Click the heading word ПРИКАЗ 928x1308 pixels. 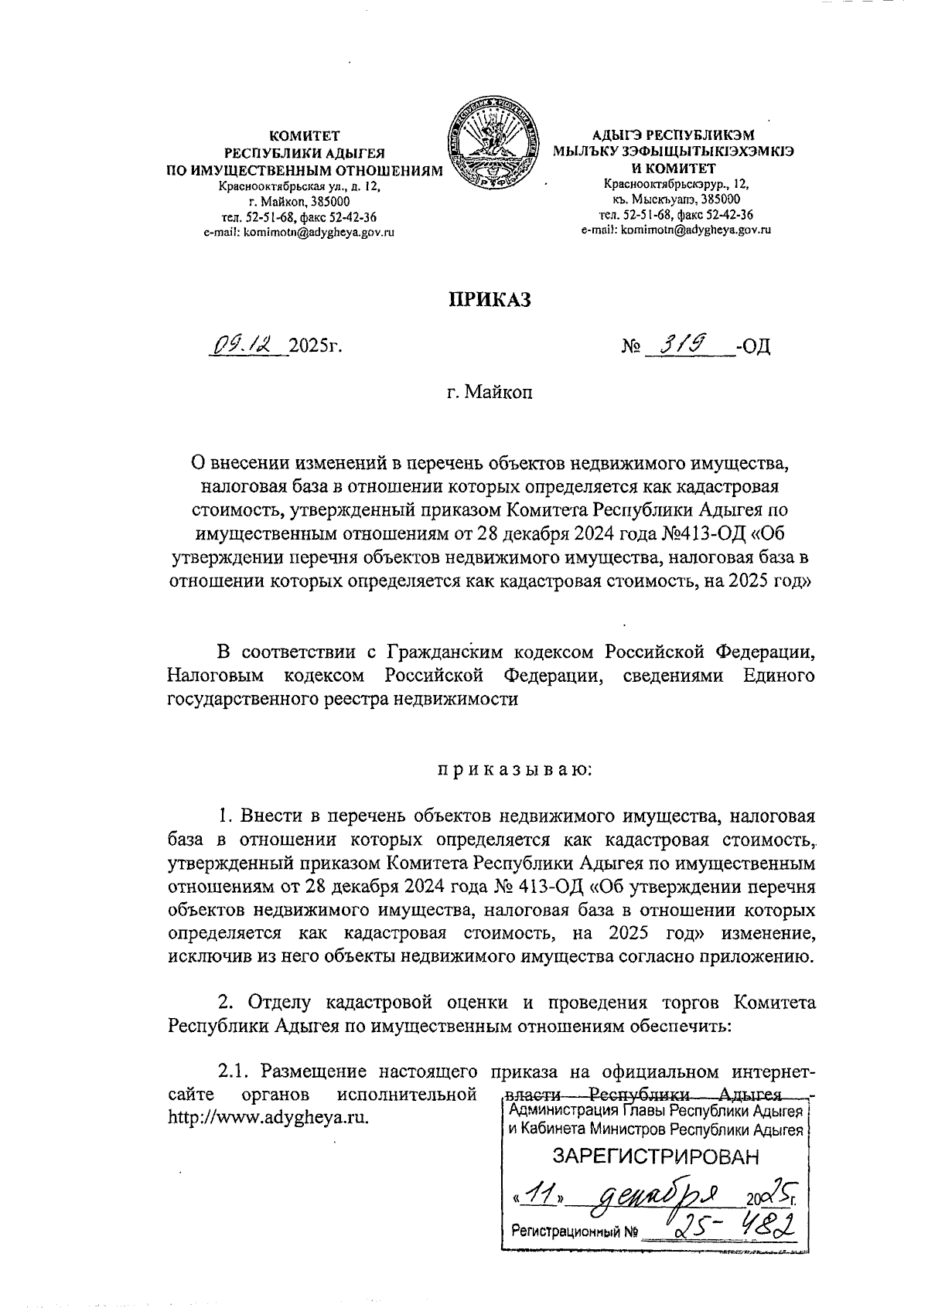tap(490, 299)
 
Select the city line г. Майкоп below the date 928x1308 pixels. tap(490, 393)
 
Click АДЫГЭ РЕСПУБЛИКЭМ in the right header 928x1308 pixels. tap(671, 136)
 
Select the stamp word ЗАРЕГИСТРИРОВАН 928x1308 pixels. tap(655, 1156)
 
